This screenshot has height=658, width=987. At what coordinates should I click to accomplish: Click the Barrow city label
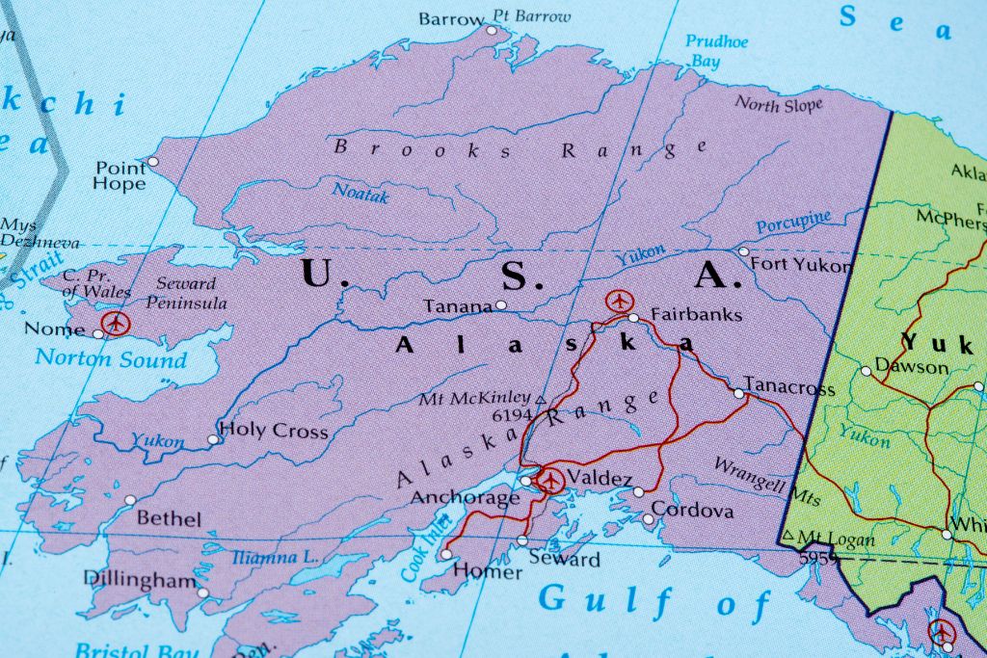point(451,19)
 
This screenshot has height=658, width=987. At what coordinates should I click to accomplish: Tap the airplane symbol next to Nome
point(117,323)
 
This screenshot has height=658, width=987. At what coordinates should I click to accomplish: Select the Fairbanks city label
point(696,314)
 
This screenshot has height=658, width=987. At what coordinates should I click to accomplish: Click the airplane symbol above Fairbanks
point(618,301)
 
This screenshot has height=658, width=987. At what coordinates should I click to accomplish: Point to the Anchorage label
point(466,498)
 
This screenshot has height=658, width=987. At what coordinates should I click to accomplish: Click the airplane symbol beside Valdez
point(550,479)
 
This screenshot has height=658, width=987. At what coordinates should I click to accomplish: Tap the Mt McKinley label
point(473,398)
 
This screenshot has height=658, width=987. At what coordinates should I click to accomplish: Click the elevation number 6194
point(512,415)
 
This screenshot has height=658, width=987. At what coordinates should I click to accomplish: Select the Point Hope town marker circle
point(152,162)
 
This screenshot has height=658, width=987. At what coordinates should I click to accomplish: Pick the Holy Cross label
point(274,431)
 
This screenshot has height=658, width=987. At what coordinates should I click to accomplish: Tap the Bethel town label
point(169,518)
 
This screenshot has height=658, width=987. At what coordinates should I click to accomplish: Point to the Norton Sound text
point(111,359)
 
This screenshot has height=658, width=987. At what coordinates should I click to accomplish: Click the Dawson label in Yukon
point(911,367)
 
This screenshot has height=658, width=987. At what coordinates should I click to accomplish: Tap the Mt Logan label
point(834,538)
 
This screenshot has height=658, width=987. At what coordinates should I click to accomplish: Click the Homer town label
point(487,571)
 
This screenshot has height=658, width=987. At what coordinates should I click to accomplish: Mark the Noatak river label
point(360,192)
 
